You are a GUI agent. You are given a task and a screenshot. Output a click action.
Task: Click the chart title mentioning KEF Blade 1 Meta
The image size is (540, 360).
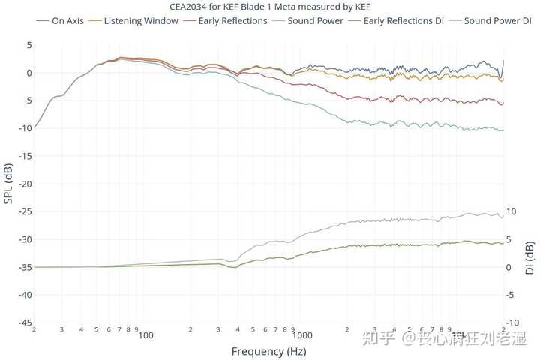pos(270,7)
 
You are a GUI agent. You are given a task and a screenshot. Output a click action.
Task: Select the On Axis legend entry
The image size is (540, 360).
pos(60,21)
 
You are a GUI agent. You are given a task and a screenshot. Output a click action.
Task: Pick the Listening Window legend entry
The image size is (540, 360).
pos(133,21)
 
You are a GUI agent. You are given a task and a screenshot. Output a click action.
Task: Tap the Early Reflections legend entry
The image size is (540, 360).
pos(225,21)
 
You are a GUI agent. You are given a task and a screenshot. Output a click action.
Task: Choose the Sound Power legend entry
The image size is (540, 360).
pos(308,21)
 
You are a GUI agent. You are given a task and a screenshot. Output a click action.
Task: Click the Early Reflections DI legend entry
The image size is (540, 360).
pos(396,21)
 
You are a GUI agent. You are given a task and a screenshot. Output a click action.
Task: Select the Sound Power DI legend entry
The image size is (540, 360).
pos(490,21)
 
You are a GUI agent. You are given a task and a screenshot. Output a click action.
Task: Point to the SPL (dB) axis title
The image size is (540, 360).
pos(8,183)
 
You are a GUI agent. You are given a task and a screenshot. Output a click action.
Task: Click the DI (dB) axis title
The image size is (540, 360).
pos(529,258)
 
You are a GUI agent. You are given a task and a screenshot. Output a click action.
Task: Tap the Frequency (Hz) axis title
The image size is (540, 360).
pos(269,352)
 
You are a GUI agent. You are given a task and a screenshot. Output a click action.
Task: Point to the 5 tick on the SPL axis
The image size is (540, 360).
pos(29,45)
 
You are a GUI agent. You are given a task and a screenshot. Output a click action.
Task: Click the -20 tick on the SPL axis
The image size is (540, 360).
pos(25,184)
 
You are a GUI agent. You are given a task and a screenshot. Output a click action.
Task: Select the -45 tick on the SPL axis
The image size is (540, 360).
pos(25,322)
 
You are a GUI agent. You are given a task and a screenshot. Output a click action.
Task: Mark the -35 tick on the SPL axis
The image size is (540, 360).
pos(25,267)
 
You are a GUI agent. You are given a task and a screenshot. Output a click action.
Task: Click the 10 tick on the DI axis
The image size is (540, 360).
pos(511,211)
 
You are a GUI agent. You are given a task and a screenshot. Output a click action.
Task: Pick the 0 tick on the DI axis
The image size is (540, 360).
pos(508,267)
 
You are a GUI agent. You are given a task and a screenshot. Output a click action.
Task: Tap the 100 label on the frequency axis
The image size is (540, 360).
pos(145,335)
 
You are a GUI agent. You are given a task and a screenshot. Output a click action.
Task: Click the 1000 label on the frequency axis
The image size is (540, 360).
pos(302,335)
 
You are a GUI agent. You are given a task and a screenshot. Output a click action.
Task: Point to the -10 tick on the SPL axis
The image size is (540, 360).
pos(25,128)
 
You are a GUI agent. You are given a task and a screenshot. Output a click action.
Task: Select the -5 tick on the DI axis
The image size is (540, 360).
pos(510,295)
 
